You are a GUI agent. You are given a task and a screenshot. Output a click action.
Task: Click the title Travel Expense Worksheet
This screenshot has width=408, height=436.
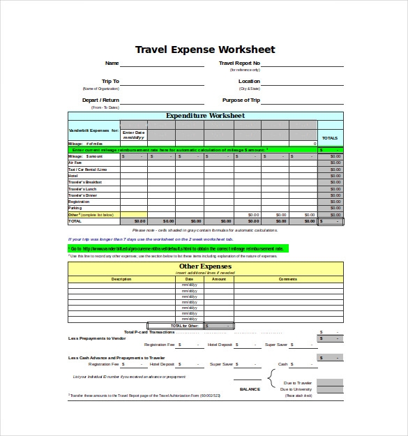(x=204, y=50)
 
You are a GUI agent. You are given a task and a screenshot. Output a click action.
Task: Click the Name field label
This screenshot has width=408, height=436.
(x=112, y=63)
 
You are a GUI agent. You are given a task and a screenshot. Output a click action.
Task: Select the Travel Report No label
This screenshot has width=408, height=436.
(x=239, y=63)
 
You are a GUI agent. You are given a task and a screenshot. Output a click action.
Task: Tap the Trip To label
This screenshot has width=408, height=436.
(x=110, y=82)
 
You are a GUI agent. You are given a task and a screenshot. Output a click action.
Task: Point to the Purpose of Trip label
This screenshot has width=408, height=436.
(x=241, y=100)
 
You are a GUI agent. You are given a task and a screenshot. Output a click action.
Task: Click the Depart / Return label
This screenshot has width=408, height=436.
(x=100, y=100)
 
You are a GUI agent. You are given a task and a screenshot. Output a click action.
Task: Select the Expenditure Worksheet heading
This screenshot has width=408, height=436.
(x=204, y=116)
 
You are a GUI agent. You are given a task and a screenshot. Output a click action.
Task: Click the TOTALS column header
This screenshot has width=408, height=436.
(x=330, y=138)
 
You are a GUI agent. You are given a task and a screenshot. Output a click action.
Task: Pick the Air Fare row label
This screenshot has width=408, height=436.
(x=75, y=163)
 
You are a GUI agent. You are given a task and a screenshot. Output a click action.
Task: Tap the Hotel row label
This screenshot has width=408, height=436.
(x=73, y=176)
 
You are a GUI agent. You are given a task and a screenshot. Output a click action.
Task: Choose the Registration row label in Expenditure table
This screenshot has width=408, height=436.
(x=79, y=202)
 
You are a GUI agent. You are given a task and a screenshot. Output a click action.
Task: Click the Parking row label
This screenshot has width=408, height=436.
(x=75, y=208)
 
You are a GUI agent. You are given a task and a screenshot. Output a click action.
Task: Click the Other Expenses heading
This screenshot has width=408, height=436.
(x=204, y=266)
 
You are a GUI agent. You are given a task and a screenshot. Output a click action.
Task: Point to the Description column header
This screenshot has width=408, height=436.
(x=121, y=279)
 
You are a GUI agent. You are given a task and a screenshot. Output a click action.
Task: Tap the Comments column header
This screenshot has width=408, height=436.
(x=287, y=279)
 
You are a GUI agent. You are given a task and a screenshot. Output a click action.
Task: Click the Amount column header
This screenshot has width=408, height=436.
(x=219, y=279)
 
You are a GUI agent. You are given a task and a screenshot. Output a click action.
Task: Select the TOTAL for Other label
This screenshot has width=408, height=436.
(x=184, y=326)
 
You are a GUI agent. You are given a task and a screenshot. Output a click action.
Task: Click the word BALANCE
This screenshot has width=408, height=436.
(x=249, y=389)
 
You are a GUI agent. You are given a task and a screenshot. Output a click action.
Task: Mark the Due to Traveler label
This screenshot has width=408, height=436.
(x=296, y=383)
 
